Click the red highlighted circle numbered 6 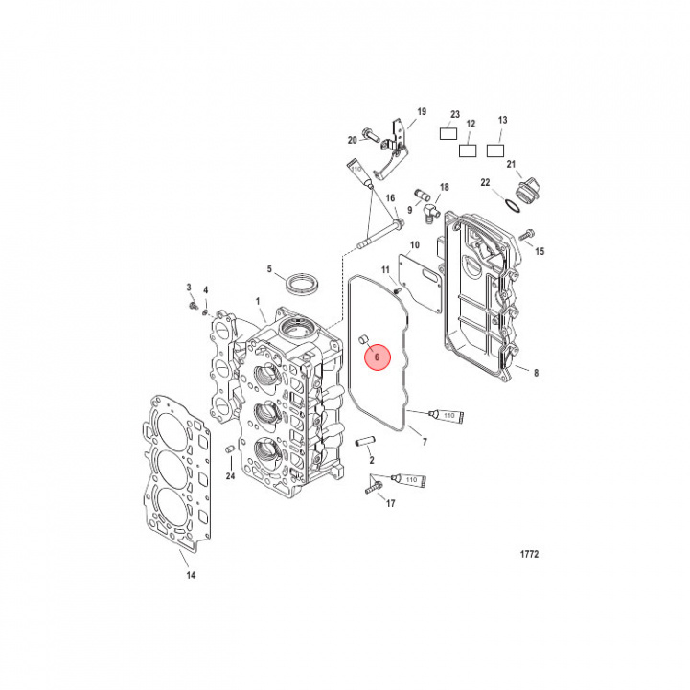pyautogui.click(x=377, y=356)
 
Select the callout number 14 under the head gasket pyautogui.click(x=190, y=576)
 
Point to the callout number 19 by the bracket pyautogui.click(x=420, y=112)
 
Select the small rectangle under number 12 pyautogui.click(x=468, y=149)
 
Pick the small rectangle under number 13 pyautogui.click(x=495, y=149)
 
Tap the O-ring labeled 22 pyautogui.click(x=514, y=204)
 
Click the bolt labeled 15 pyautogui.click(x=526, y=234)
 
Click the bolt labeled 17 pyautogui.click(x=373, y=489)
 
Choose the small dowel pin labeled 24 pyautogui.click(x=229, y=449)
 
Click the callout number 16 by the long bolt pyautogui.click(x=390, y=198)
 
